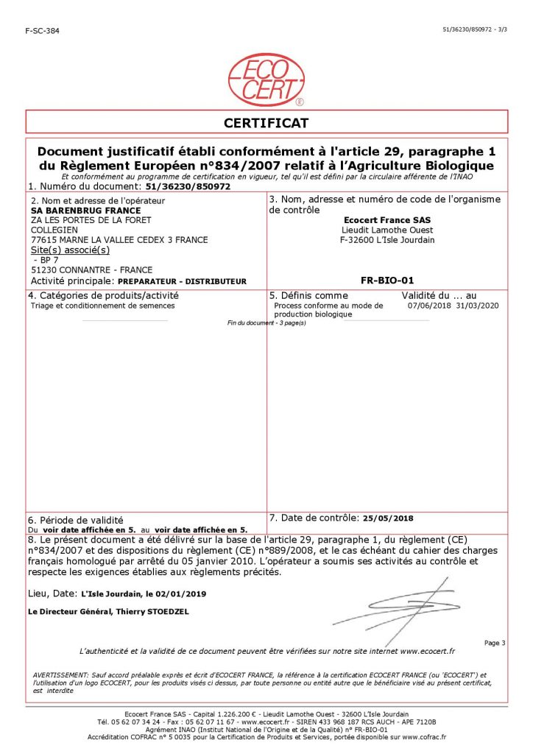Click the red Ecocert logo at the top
click(x=266, y=80)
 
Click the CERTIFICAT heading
click(x=266, y=122)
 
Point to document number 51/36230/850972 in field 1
click(x=189, y=187)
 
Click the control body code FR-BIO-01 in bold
click(x=387, y=280)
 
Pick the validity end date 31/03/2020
click(x=478, y=305)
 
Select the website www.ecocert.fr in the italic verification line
click(x=428, y=651)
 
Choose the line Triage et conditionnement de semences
click(x=103, y=305)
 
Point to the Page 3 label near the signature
click(x=494, y=643)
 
